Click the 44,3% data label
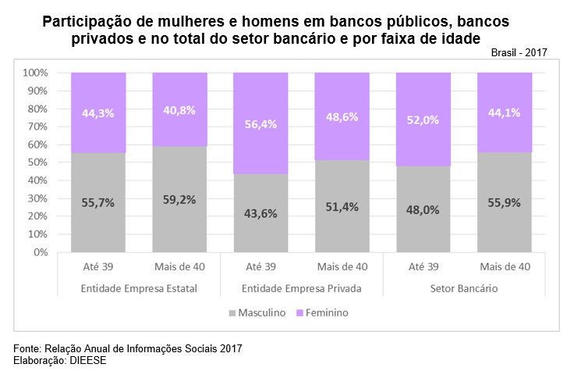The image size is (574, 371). (x=98, y=112)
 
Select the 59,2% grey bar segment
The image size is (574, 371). (x=179, y=199)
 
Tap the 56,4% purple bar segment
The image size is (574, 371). (x=260, y=123)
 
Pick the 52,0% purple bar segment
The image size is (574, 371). (x=423, y=120)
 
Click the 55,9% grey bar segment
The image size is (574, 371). (x=505, y=202)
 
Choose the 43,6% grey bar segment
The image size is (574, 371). (x=260, y=213)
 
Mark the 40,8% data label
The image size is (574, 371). (x=179, y=109)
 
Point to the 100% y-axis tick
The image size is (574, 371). (x=36, y=73)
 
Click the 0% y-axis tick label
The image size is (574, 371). (x=41, y=253)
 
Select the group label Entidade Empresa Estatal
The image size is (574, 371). (x=139, y=289)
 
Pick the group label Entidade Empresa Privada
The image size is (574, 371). (x=301, y=289)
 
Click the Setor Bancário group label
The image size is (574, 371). (x=464, y=289)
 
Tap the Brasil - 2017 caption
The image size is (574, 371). (x=519, y=52)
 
